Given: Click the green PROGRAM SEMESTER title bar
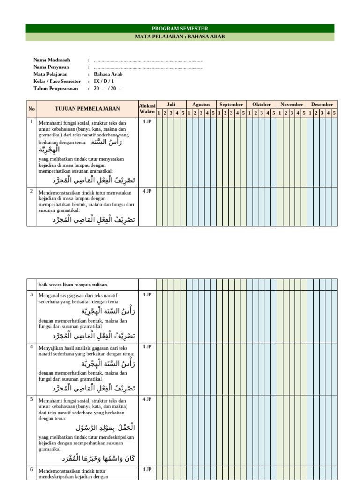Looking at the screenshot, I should (x=180, y=29).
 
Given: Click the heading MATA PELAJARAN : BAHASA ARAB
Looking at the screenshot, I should (x=180, y=37).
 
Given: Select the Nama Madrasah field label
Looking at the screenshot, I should (x=52, y=60).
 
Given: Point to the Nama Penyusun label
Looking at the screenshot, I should (x=51, y=67).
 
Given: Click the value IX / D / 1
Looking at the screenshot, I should (x=104, y=81).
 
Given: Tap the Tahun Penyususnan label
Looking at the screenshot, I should (x=57, y=88).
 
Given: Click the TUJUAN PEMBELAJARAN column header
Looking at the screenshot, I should (x=87, y=109).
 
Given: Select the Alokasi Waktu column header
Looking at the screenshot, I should (x=147, y=109).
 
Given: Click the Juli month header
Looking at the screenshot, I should (x=171, y=105).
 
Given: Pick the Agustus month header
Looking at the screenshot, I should (x=201, y=105).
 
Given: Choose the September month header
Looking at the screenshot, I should (x=231, y=105).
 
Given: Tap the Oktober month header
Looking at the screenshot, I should (x=262, y=105).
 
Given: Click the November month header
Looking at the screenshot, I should (x=292, y=105).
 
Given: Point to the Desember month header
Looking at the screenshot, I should (x=322, y=105).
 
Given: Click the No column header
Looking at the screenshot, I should (x=31, y=109).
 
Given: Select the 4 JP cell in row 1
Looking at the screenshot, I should (x=147, y=121).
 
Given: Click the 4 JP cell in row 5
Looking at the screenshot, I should (x=147, y=399).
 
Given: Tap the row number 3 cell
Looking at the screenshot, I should (x=31, y=294).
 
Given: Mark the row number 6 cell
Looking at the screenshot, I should (x=31, y=469).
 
